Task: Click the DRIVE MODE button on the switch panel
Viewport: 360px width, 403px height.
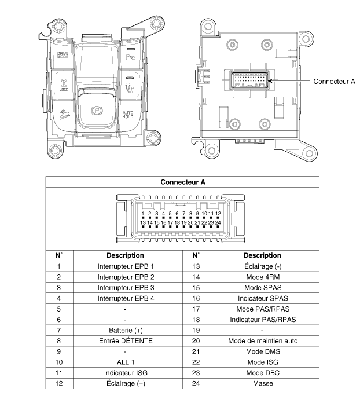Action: [x=63, y=56]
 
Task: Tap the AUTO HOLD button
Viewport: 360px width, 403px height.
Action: [x=128, y=115]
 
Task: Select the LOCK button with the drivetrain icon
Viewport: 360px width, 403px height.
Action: [x=64, y=85]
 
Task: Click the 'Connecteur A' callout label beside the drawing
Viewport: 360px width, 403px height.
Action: [x=334, y=82]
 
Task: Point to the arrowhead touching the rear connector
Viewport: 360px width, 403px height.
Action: [x=270, y=80]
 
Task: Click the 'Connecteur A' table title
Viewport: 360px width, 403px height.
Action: [x=183, y=182]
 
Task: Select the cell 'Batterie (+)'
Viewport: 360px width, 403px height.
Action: [x=126, y=330]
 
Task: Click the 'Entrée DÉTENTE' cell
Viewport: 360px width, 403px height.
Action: [x=126, y=341]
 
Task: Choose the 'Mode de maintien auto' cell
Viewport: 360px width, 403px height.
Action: [x=263, y=341]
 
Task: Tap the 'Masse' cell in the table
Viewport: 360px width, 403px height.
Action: [x=263, y=383]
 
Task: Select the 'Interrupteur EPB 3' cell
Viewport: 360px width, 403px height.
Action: [x=126, y=288]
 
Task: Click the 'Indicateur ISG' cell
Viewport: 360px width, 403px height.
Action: [x=126, y=373]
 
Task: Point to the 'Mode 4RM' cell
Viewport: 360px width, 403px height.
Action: [x=263, y=277]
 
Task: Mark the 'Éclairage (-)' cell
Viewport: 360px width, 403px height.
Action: [x=263, y=266]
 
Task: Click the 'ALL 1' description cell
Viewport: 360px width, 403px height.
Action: [x=126, y=362]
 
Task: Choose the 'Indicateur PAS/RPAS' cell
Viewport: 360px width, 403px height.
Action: [x=263, y=320]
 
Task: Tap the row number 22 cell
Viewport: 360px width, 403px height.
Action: [x=196, y=362]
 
